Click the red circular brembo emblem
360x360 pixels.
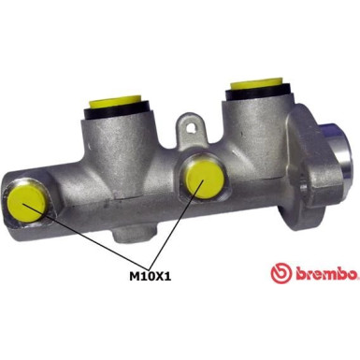point(279,273)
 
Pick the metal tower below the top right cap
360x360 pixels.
point(251,131)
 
